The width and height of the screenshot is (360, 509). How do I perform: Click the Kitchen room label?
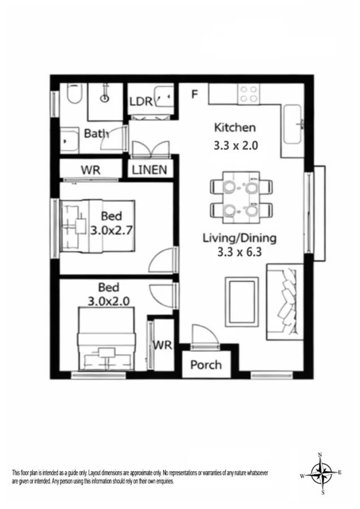click(x=235, y=128)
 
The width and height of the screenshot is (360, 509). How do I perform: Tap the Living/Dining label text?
click(x=240, y=238)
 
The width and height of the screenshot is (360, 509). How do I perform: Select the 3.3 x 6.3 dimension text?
click(x=240, y=253)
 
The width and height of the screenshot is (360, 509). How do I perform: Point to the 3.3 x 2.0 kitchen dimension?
click(x=235, y=145)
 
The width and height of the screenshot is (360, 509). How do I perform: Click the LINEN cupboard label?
click(x=149, y=170)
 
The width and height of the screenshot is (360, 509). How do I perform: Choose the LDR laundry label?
click(x=141, y=102)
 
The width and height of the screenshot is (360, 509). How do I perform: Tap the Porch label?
click(x=206, y=365)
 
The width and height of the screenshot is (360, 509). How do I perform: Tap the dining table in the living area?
click(x=240, y=196)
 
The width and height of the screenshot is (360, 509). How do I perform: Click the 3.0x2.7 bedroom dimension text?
click(x=111, y=230)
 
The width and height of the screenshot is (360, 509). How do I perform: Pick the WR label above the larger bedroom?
click(x=90, y=170)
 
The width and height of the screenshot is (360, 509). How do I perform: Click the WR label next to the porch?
click(x=162, y=344)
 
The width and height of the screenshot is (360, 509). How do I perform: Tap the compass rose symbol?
click(x=320, y=473)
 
